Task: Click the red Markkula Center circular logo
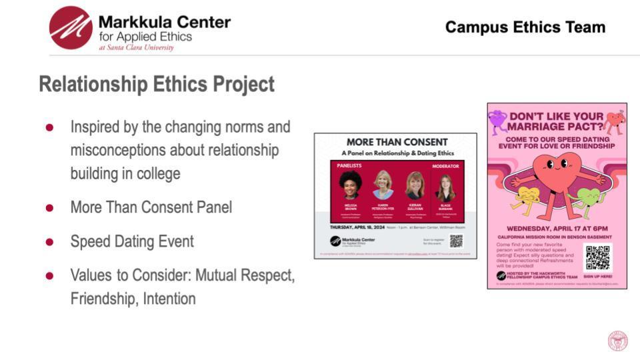[x=71, y=28]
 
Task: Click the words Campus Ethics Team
[x=525, y=27]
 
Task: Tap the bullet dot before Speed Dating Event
[x=49, y=241]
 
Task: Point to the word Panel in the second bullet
[x=211, y=207]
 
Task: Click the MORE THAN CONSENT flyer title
[x=396, y=141]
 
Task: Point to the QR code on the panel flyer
[x=456, y=241]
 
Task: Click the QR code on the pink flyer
[x=597, y=258]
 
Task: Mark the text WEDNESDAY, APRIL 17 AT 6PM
[x=557, y=227]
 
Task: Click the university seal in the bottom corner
[x=617, y=341]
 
